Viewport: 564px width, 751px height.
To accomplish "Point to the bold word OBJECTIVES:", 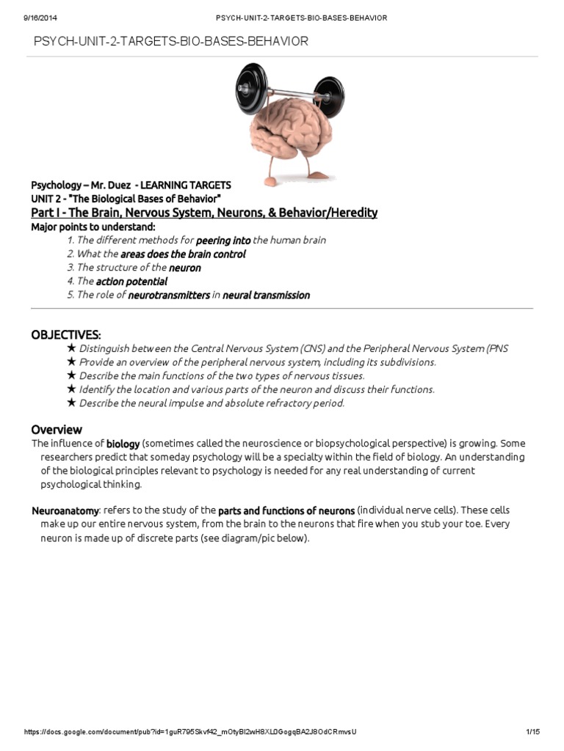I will pyautogui.click(x=66, y=334).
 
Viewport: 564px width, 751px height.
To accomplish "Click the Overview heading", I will pyautogui.click(x=57, y=430).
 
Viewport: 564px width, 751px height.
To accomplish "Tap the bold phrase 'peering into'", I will pyautogui.click(x=223, y=241).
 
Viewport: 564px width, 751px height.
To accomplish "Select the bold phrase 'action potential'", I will pyautogui.click(x=131, y=282).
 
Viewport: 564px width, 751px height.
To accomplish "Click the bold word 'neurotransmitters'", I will pyautogui.click(x=168, y=296).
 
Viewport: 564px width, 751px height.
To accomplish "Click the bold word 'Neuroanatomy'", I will pyautogui.click(x=65, y=510).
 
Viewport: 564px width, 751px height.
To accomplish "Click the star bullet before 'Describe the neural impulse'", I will pyautogui.click(x=71, y=403).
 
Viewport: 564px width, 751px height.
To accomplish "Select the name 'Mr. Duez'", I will pyautogui.click(x=109, y=185).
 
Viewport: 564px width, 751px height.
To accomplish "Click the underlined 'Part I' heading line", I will pyautogui.click(x=204, y=213).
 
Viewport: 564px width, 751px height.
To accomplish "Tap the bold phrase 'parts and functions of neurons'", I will pyautogui.click(x=286, y=510).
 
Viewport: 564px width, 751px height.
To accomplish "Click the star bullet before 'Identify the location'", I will pyautogui.click(x=71, y=389).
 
